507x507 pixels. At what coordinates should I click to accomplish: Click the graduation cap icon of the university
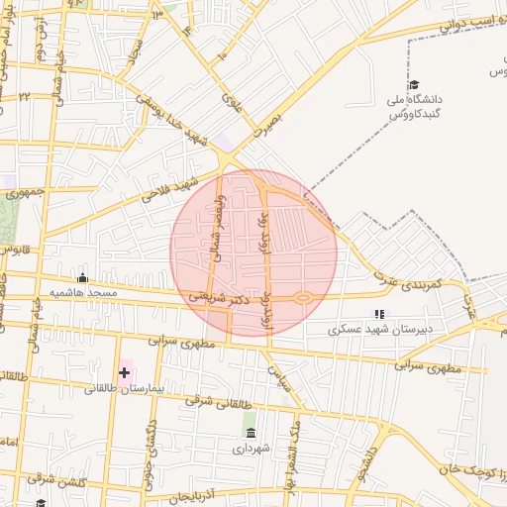click(x=413, y=85)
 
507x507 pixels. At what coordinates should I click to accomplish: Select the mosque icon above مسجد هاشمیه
click(x=82, y=278)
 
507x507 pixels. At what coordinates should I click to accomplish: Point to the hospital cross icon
click(x=124, y=373)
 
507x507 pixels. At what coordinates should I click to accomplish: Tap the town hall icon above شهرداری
click(x=250, y=434)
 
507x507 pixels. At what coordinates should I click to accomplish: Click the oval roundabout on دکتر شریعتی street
click(x=304, y=297)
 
